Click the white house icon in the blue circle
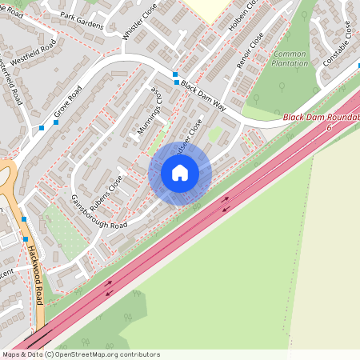(x=180, y=173)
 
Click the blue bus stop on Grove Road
(x=42, y=128)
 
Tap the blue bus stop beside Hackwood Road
(x=25, y=218)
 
